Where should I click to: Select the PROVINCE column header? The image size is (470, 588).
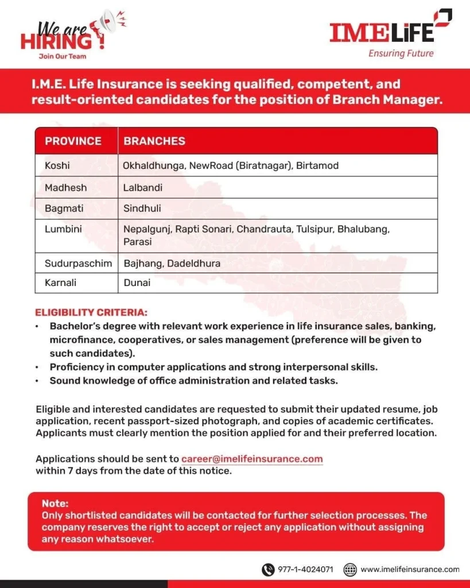pyautogui.click(x=73, y=141)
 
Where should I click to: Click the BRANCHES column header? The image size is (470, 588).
pyautogui.click(x=154, y=141)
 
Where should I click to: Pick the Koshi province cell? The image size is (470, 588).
pyautogui.click(x=57, y=165)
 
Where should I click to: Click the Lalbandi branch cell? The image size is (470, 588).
pyautogui.click(x=143, y=187)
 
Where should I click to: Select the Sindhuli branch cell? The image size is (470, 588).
pyautogui.click(x=143, y=208)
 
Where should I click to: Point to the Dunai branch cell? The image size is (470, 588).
pyautogui.click(x=137, y=283)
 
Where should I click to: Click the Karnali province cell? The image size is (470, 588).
pyautogui.click(x=60, y=283)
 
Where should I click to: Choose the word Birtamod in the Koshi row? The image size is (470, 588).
pyautogui.click(x=317, y=165)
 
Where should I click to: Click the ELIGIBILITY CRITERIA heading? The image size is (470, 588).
pyautogui.click(x=91, y=313)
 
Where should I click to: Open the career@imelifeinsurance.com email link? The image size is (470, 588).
pyautogui.click(x=252, y=459)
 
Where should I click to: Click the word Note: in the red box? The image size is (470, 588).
pyautogui.click(x=55, y=504)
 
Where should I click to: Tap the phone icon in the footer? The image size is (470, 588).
pyautogui.click(x=268, y=570)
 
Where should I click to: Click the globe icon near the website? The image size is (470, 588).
pyautogui.click(x=350, y=570)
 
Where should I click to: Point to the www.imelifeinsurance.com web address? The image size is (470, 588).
pyautogui.click(x=410, y=570)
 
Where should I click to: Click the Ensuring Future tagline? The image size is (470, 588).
pyautogui.click(x=401, y=53)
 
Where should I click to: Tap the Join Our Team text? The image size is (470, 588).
pyautogui.click(x=63, y=56)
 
